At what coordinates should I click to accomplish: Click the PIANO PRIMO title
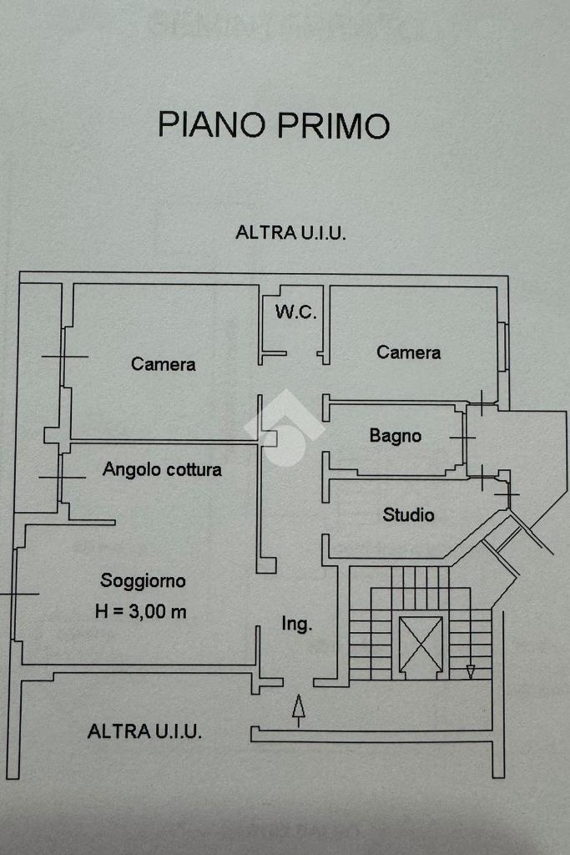[274, 125]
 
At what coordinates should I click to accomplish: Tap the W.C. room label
[295, 313]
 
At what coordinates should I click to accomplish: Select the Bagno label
[396, 436]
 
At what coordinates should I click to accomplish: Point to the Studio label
[408, 514]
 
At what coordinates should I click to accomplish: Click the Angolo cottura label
[162, 469]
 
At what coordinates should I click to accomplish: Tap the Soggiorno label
[143, 580]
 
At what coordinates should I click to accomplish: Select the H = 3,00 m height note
[141, 611]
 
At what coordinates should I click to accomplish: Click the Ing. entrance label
[296, 624]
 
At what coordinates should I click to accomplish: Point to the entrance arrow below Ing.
[298, 708]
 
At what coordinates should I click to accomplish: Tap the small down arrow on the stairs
[470, 670]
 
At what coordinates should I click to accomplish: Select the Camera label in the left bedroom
[164, 364]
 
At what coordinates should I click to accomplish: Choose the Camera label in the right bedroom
[408, 352]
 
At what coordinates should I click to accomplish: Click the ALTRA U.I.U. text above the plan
[290, 233]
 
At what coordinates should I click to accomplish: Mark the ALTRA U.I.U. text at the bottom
[144, 732]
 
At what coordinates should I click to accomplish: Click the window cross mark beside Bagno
[462, 437]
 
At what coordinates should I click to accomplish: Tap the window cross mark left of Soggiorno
[18, 594]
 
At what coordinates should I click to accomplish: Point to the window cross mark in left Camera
[63, 357]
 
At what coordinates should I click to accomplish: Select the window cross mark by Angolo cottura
[62, 478]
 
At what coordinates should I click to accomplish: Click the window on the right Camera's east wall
[503, 347]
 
